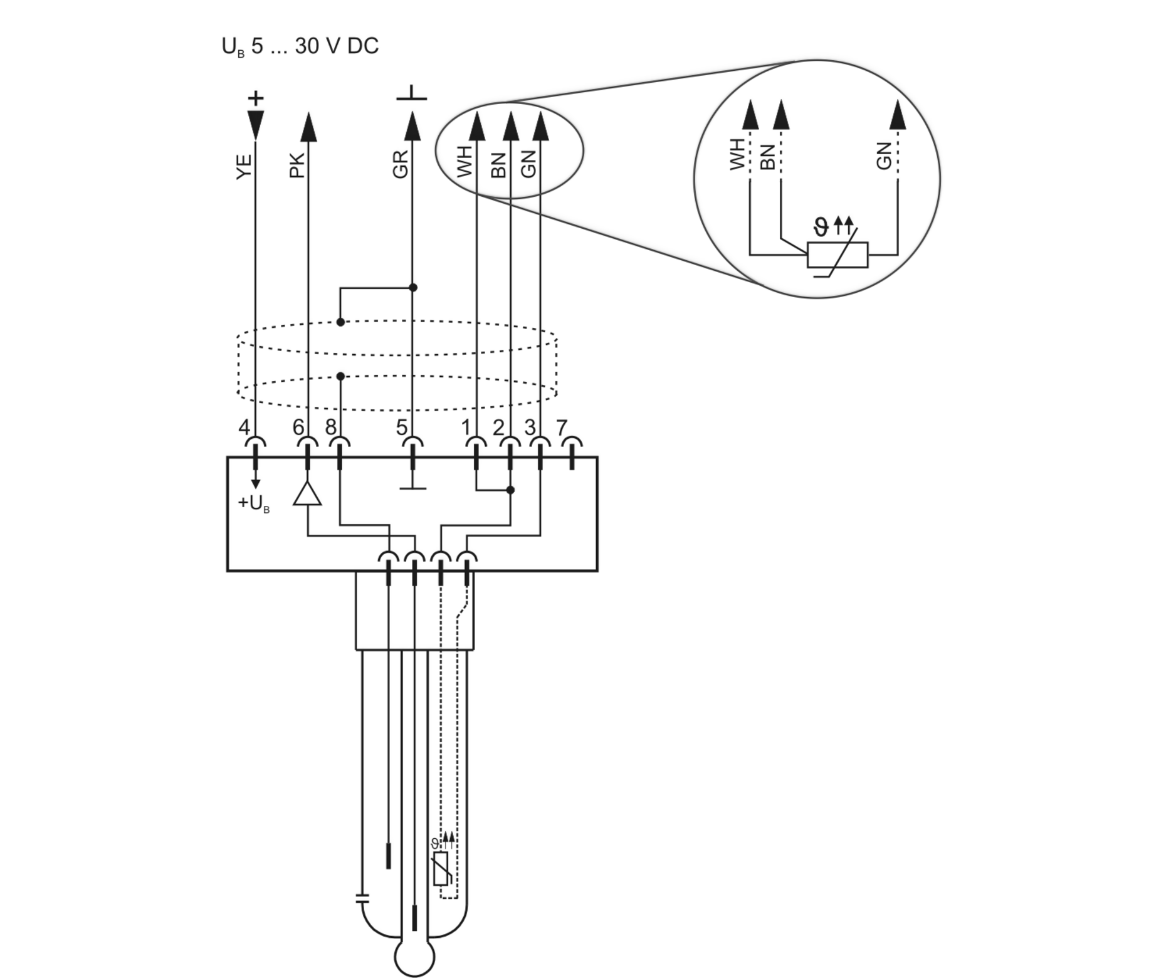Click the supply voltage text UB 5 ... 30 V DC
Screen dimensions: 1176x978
coord(300,47)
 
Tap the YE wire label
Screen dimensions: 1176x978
coord(244,167)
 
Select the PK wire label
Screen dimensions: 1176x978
coord(297,166)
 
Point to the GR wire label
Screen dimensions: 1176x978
coord(401,164)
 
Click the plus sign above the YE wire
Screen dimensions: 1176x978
coord(256,98)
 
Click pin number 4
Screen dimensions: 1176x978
coord(244,428)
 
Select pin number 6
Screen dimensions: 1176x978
coord(298,428)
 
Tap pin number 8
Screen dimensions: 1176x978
coord(331,428)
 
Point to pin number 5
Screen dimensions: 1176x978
coord(402,428)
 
